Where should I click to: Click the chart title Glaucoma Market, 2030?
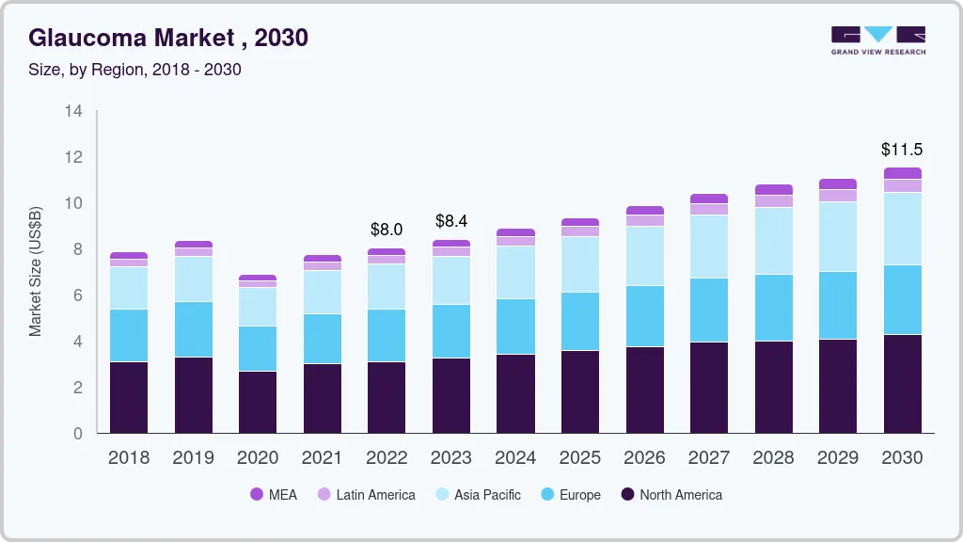click(x=168, y=38)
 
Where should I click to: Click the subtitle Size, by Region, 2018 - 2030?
click(x=134, y=70)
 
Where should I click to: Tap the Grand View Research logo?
click(x=877, y=40)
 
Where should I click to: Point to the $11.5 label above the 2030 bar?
click(x=901, y=150)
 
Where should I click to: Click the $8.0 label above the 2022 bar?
click(x=387, y=230)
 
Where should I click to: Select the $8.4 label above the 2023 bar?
click(x=451, y=221)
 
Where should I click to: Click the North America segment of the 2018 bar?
click(x=129, y=397)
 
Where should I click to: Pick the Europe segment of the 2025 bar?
click(x=580, y=321)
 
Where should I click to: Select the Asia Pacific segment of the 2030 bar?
click(x=902, y=229)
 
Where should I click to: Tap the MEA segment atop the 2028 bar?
click(x=774, y=190)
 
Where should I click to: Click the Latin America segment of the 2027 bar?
click(x=709, y=210)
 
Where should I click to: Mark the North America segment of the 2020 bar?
click(x=258, y=402)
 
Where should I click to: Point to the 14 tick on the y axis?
click(x=74, y=111)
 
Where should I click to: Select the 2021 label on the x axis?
click(x=322, y=458)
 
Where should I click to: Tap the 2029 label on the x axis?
click(x=837, y=458)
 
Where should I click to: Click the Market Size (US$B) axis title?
click(x=36, y=271)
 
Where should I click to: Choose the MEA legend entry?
click(x=273, y=495)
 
